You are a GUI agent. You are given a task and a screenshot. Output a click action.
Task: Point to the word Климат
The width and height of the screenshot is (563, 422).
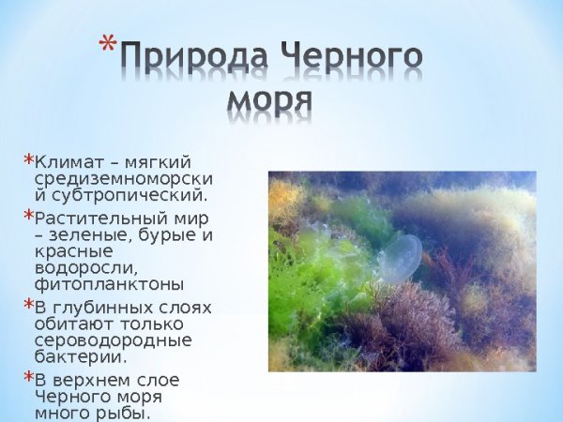[67, 161]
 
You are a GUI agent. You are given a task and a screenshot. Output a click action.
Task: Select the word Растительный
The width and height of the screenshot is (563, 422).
[92, 218]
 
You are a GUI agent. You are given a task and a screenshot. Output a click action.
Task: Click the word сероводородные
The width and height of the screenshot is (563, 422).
[113, 340]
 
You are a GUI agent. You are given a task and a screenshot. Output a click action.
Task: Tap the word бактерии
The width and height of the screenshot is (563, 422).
[79, 357]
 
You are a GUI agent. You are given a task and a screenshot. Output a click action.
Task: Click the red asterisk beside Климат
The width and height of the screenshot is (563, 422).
[28, 159]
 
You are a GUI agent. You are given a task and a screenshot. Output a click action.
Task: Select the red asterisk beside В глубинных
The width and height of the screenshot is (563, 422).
[28, 306]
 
